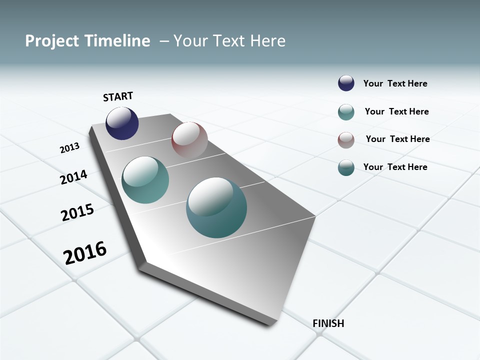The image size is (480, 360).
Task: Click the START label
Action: click(118, 96)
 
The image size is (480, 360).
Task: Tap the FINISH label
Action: click(328, 323)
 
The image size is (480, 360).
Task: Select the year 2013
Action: click(70, 148)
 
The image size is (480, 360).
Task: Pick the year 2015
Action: click(77, 212)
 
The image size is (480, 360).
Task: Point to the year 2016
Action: click(85, 253)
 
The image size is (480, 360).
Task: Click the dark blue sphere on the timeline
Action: click(122, 123)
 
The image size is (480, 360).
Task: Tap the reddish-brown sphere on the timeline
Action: click(189, 140)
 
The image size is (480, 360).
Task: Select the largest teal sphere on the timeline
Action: click(216, 207)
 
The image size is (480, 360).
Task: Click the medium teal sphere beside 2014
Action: click(145, 180)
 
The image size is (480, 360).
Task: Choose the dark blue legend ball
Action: click(346, 83)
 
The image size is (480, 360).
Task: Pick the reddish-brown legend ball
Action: click(346, 140)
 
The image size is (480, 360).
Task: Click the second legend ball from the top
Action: click(346, 112)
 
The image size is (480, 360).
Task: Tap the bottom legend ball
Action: click(346, 167)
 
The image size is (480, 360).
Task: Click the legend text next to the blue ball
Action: click(395, 84)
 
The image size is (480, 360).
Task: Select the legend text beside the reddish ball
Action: click(397, 139)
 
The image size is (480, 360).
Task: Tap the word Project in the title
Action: click(51, 41)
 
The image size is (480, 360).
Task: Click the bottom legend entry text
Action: click(395, 167)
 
